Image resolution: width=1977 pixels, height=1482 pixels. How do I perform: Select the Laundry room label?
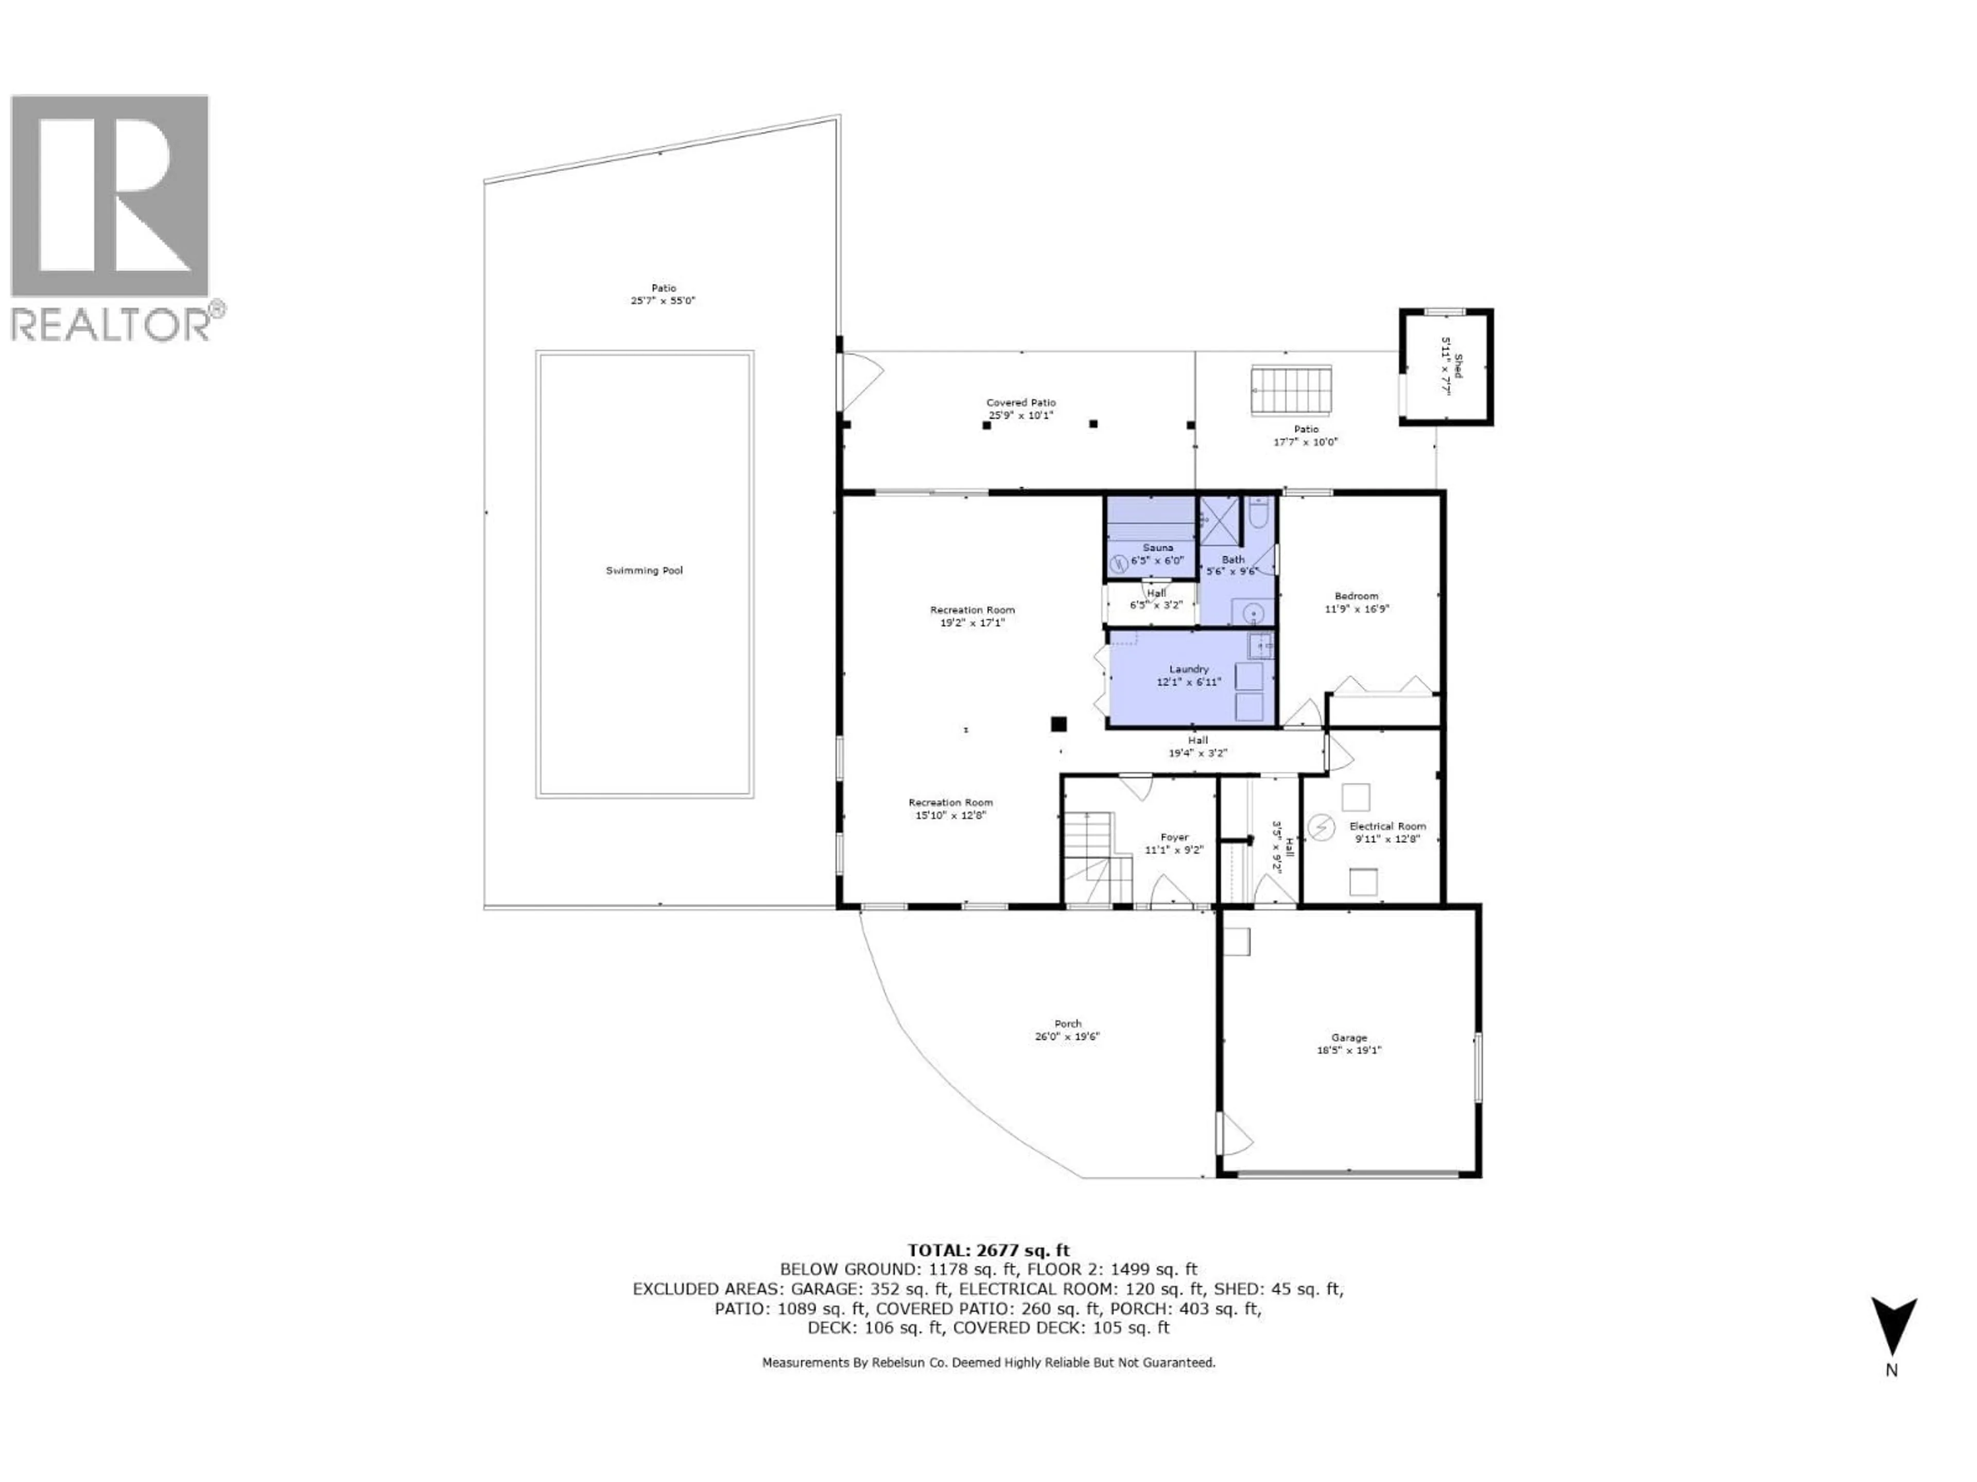point(1189,669)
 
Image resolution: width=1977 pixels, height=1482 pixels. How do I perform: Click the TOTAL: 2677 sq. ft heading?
point(989,1250)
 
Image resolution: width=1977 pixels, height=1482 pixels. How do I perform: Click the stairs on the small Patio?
point(1291,391)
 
